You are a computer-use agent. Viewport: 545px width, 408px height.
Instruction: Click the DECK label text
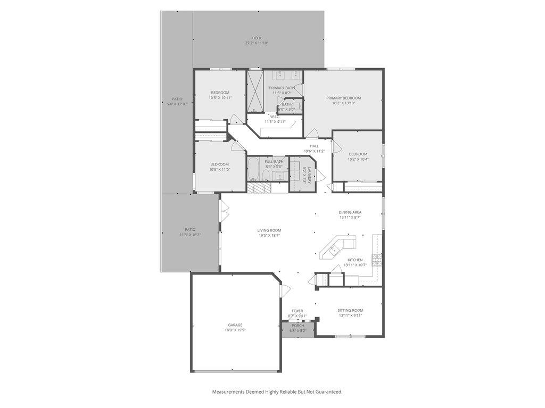[257, 38]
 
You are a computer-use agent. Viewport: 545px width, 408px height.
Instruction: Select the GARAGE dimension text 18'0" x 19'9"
[235, 330]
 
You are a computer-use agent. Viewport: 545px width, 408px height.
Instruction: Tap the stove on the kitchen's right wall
[377, 260]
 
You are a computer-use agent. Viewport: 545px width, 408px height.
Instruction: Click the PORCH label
[298, 326]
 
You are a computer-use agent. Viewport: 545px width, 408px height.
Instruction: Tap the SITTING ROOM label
[350, 310]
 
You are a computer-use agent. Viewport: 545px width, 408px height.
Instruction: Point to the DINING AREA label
[350, 212]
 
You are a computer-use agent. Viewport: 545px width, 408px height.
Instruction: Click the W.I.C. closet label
[275, 116]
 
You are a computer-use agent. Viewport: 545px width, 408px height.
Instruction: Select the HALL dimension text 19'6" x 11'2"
[314, 151]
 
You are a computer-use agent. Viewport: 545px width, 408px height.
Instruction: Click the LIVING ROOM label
[269, 230]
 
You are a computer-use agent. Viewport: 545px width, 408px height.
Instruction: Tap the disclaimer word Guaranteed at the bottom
[326, 392]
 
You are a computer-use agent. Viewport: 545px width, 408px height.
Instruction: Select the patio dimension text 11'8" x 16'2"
[190, 235]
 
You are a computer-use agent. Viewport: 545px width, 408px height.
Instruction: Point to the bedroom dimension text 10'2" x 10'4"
[358, 159]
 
